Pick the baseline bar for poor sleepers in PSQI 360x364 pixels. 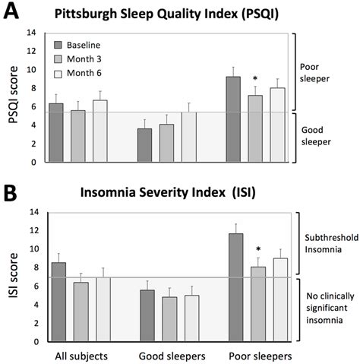(233, 119)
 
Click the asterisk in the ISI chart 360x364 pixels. (258, 250)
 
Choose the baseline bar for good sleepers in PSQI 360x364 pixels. (144, 145)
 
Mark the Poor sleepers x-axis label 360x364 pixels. (258, 355)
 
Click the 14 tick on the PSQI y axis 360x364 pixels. (30, 33)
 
